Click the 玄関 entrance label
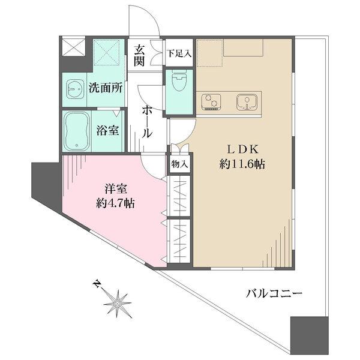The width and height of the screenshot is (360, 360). tap(140, 55)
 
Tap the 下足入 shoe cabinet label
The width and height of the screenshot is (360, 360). tap(179, 53)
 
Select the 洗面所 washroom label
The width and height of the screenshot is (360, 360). tap(106, 88)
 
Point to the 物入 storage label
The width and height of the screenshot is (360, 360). tap(180, 163)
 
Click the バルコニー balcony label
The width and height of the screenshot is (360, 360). tap(274, 293)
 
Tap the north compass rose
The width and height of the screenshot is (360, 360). tap(117, 303)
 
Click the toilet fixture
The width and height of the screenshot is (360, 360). tap(179, 82)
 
